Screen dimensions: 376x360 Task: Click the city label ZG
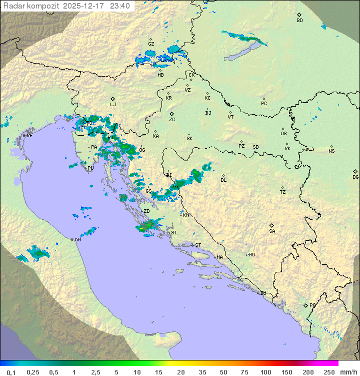pyautogui.click(x=172, y=120)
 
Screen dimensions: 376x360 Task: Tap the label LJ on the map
pyautogui.click(x=113, y=105)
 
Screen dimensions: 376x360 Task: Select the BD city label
pyautogui.click(x=299, y=21)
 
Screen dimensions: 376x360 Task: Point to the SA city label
pyautogui.click(x=272, y=231)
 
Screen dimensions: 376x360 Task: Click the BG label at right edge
pyautogui.click(x=355, y=177)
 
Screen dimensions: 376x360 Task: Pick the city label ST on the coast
pyautogui.click(x=198, y=245)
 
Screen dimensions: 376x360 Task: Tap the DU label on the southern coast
pyautogui.click(x=262, y=293)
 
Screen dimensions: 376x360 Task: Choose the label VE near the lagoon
pyautogui.click(x=29, y=136)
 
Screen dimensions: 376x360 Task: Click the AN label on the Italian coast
pyautogui.click(x=77, y=240)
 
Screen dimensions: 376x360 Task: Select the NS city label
pyautogui.click(x=331, y=151)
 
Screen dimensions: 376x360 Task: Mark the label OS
pyautogui.click(x=283, y=134)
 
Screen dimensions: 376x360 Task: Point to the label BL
pyautogui.click(x=223, y=180)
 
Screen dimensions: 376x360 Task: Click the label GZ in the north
pyautogui.click(x=151, y=44)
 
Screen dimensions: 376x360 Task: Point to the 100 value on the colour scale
pyautogui.click(x=265, y=372)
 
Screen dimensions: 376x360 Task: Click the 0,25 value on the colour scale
pyautogui.click(x=33, y=372)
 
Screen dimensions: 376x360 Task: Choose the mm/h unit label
pyautogui.click(x=347, y=372)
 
